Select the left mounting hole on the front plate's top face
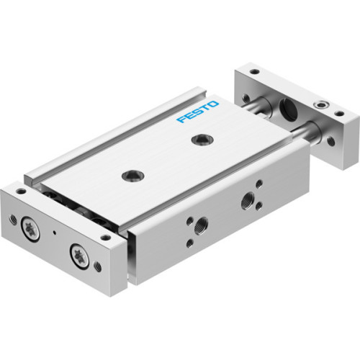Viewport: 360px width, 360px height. point(22,192)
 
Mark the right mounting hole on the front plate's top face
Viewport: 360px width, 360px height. point(106,236)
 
